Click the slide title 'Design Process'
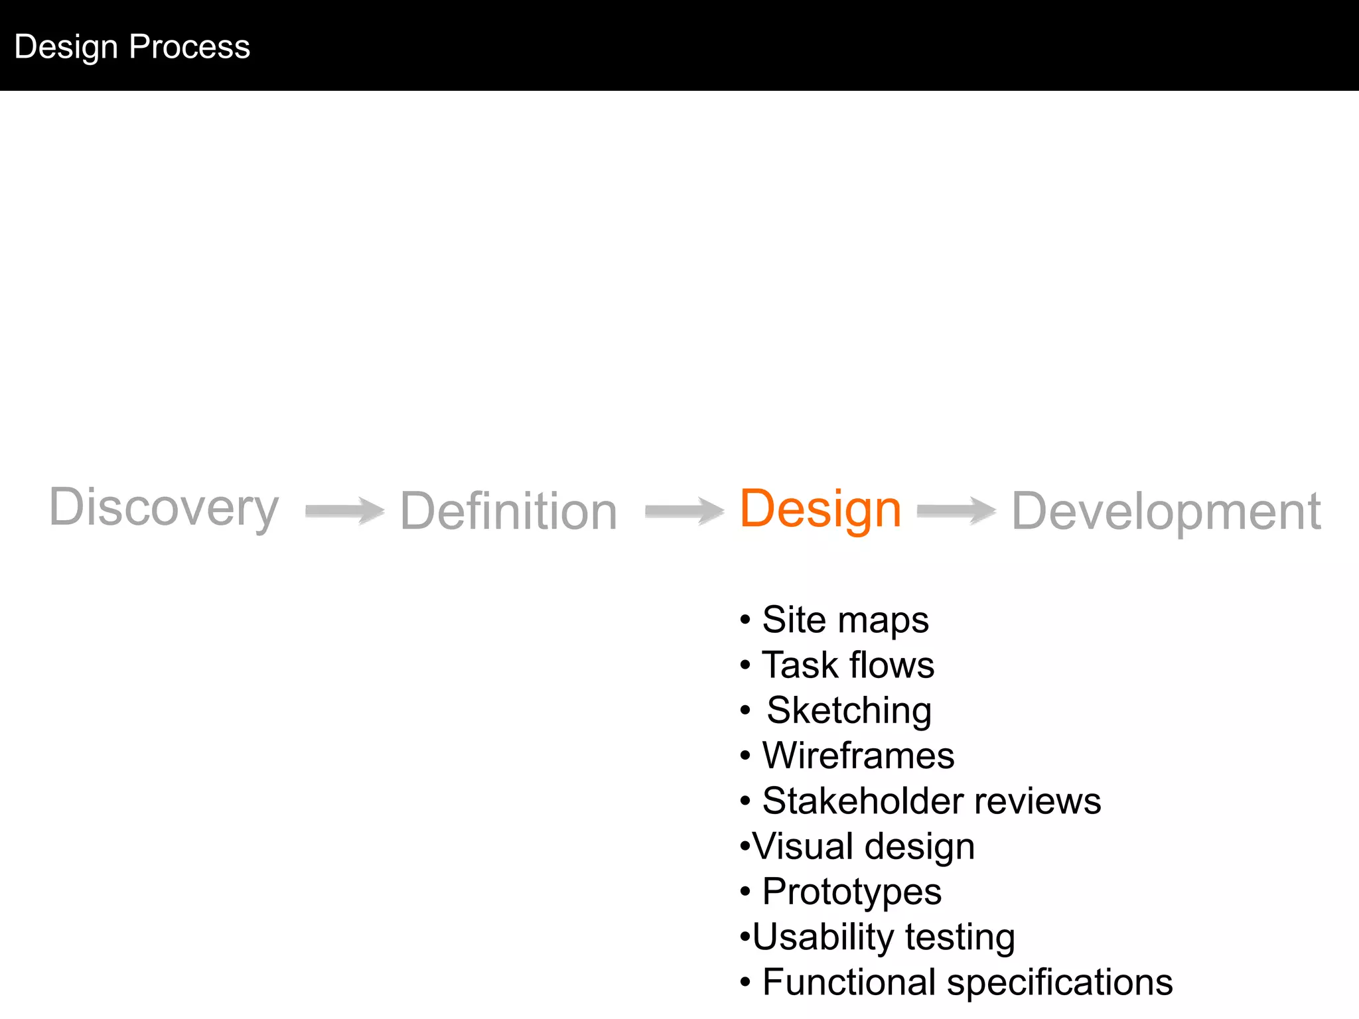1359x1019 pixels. [132, 46]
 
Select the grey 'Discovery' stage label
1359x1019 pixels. [164, 508]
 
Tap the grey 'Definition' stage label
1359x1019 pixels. [509, 511]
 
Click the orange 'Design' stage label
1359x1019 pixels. [820, 509]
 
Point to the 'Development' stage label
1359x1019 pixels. [1166, 511]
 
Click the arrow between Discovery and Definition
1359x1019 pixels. [344, 511]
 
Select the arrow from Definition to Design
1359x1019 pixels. [684, 511]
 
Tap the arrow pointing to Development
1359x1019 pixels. [956, 511]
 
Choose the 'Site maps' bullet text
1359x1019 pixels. [845, 620]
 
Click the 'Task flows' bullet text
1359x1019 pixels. [847, 665]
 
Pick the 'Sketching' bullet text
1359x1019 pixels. [849, 711]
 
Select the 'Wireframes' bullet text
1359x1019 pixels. [858, 756]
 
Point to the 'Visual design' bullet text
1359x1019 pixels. [863, 847]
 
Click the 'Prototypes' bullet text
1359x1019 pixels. [851, 892]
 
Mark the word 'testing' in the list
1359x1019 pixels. [960, 937]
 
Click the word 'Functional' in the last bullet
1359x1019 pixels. [849, 983]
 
